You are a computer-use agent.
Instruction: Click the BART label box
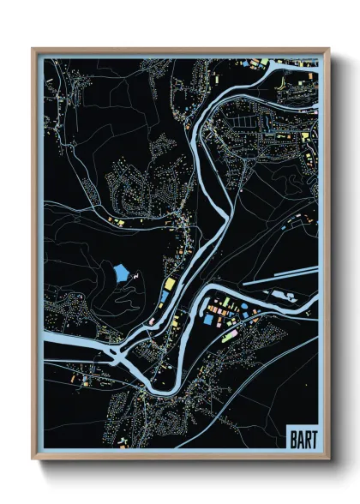(300, 438)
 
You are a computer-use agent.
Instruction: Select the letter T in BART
(311, 438)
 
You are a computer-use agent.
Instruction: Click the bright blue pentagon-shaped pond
(122, 274)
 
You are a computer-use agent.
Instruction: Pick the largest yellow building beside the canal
(170, 283)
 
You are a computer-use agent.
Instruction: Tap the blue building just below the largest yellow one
(165, 296)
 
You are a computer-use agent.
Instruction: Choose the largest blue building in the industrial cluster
(208, 320)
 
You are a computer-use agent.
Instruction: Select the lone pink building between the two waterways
(151, 321)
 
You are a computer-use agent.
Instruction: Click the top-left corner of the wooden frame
(33, 49)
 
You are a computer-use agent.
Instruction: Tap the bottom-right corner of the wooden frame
(328, 458)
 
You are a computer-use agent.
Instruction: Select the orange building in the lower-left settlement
(74, 375)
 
